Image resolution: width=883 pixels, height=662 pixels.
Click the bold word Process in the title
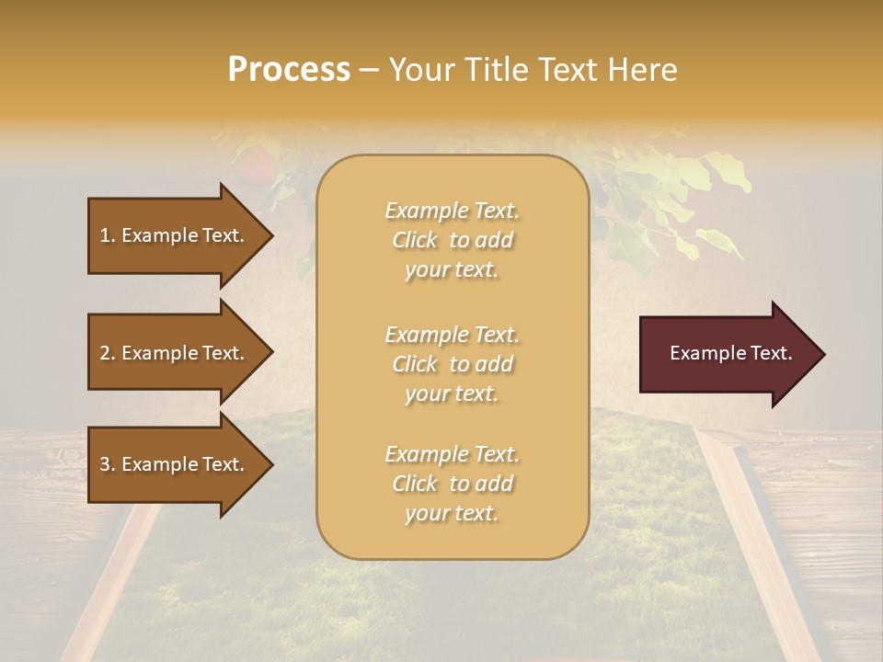tap(289, 70)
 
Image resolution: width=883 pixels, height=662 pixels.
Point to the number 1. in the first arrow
tap(108, 235)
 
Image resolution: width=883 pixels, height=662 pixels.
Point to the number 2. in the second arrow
tap(108, 353)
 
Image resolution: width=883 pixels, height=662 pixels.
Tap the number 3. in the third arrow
tap(108, 464)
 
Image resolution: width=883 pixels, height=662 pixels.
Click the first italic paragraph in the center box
tap(452, 240)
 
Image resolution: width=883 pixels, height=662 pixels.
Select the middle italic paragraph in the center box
tap(452, 364)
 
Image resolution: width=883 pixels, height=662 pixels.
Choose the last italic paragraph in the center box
tap(452, 484)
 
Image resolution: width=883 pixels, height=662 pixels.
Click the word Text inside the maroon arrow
tap(772, 353)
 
